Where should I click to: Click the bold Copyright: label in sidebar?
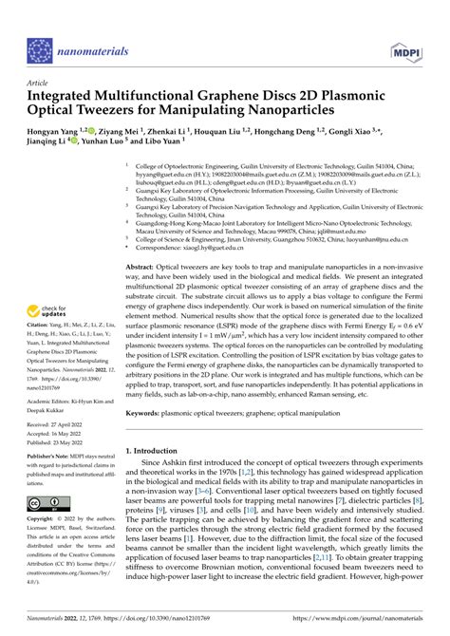(x=44, y=521)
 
